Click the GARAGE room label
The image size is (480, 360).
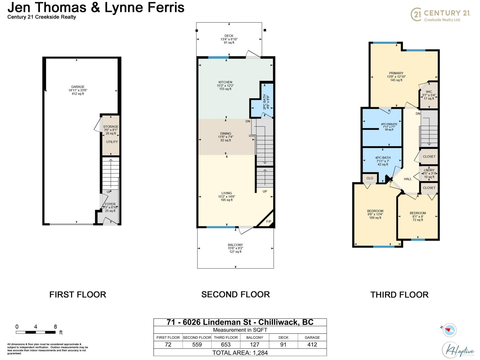78,87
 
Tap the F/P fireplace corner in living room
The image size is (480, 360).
268,222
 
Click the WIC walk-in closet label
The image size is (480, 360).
429,92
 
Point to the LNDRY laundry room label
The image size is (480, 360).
429,170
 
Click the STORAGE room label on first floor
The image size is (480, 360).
111,127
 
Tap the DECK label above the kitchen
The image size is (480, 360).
229,36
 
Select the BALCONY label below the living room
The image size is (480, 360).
235,245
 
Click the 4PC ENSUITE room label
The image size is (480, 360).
389,124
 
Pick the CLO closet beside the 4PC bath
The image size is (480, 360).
370,178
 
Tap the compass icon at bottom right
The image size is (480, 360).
449,330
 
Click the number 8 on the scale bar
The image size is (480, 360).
55,327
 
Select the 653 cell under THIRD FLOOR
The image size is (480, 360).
226,345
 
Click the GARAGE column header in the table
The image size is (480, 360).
312,337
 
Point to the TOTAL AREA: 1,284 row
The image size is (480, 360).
240,353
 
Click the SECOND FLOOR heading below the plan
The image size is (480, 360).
235,294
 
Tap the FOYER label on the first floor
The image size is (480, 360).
110,204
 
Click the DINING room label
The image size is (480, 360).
226,133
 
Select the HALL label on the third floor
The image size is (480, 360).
407,179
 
